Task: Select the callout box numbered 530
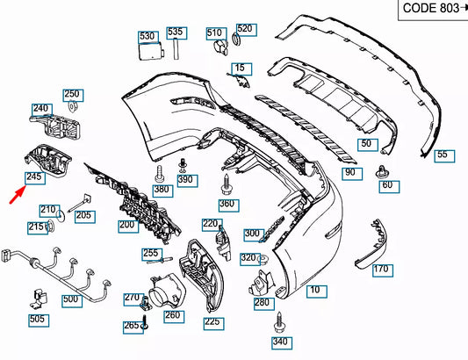147,37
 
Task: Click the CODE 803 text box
430,9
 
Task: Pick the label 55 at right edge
442,155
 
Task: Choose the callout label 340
279,342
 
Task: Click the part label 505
37,319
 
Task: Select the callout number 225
212,322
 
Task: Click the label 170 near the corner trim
380,270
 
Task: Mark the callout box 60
387,185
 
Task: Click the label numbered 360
227,205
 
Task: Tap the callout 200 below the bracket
127,226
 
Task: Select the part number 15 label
240,68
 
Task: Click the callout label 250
71,94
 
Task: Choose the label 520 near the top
244,29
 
